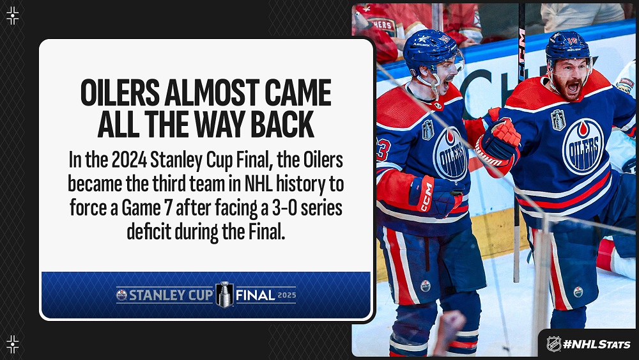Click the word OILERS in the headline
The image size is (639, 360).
(120, 93)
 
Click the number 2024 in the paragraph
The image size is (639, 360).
(129, 160)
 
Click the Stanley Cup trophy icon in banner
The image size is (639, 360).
(224, 294)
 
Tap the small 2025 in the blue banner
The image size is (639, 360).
(287, 295)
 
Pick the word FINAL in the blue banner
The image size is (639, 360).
(255, 295)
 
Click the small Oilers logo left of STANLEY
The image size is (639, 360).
(121, 295)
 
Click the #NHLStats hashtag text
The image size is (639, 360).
(596, 345)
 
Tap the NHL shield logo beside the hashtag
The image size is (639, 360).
(553, 344)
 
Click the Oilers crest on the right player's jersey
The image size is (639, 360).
(583, 146)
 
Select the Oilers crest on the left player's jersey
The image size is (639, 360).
(450, 155)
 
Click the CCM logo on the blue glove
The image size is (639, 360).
(426, 197)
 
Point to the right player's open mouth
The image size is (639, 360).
(573, 87)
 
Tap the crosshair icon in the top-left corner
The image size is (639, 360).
(13, 15)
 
